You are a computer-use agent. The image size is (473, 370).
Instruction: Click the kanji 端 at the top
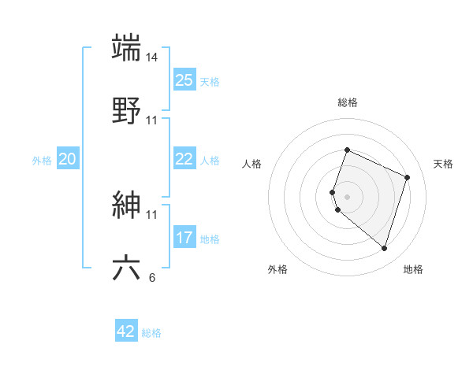pos(127,47)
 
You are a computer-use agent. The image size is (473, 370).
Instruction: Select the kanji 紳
pos(127,205)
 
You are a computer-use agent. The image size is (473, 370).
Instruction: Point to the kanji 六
pos(127,268)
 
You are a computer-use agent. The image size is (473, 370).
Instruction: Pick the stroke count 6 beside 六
pos(153,277)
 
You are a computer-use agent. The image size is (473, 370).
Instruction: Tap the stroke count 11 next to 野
pos(153,120)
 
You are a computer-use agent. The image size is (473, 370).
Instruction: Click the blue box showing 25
pos(184,80)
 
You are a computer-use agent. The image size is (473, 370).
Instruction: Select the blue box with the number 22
pos(184,159)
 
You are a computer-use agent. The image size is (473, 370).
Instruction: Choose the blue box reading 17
pos(184,238)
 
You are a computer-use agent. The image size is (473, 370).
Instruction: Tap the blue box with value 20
pos(68,159)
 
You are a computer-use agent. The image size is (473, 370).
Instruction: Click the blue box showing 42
pos(126,331)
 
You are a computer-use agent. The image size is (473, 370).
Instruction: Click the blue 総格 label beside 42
pos(151,333)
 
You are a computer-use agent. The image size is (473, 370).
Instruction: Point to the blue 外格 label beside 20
pos(42,161)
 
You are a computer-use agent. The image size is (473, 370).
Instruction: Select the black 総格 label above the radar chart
pos(348,102)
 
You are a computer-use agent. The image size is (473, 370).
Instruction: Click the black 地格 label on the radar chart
pos(413,269)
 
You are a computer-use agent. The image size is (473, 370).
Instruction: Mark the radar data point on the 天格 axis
pos(408,177)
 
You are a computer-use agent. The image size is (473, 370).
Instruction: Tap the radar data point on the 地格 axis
pos(384,249)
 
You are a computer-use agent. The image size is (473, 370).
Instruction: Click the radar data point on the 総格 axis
pos(347,150)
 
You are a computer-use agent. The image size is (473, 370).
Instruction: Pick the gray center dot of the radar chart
pos(347,196)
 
